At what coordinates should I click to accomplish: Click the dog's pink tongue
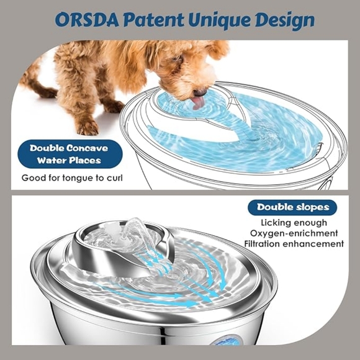198,101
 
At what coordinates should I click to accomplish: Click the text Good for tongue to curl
72,178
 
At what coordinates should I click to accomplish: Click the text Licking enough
292,223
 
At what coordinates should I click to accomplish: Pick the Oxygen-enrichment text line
294,233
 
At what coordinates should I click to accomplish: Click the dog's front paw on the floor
88,127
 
